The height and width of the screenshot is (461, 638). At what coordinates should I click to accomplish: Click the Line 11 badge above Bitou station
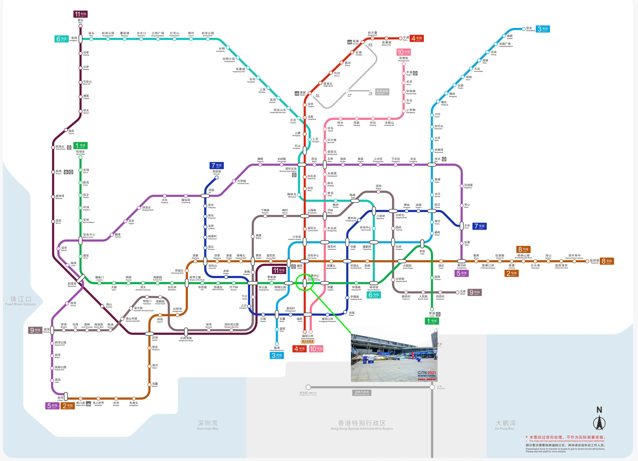pos(80,14)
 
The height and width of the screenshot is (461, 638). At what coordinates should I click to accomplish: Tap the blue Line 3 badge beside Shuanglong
pos(542,29)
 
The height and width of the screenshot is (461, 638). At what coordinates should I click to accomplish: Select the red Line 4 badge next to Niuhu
pos(416,38)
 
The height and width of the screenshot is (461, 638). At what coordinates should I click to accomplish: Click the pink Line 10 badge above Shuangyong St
pos(403,52)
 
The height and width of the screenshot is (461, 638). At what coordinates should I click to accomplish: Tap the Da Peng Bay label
pos(505,425)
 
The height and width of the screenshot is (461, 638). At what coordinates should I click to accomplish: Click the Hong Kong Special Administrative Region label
pos(361,425)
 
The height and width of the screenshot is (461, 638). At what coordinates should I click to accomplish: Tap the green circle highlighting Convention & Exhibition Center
pos(305,282)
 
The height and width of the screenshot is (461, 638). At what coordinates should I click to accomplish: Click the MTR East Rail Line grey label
pos(361,393)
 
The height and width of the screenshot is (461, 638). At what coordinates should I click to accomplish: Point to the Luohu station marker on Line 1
pos(432,309)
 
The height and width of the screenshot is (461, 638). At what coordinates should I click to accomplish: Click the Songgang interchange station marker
pos(80,39)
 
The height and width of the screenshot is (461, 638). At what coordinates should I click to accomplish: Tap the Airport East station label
pos(80,152)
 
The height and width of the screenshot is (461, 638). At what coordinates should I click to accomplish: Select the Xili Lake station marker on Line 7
pos(217,178)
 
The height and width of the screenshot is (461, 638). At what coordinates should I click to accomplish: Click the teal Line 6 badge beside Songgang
pos(61,39)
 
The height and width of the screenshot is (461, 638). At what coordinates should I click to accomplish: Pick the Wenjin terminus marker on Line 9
pos(457,292)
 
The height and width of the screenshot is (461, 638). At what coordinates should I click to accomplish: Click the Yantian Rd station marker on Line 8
pos(587,261)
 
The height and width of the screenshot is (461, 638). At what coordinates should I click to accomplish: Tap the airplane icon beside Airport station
pos(66,172)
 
